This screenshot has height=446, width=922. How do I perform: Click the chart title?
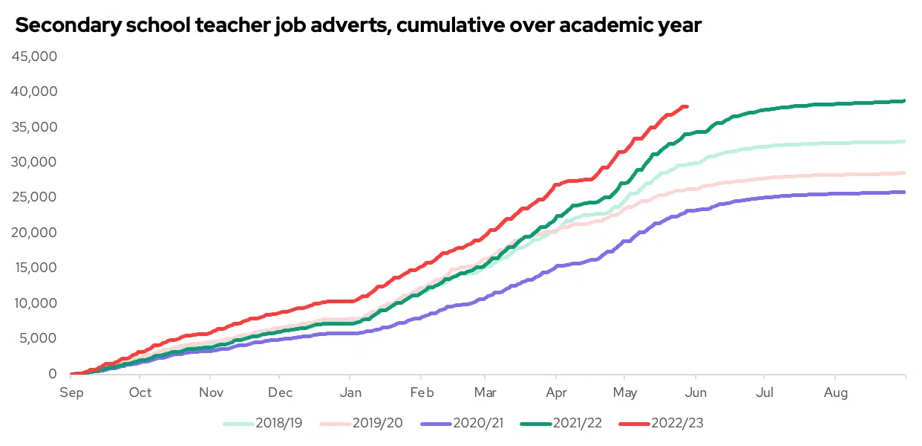pos(358,25)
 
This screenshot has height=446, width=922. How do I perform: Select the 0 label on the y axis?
pos(53,374)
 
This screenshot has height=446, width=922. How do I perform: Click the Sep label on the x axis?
pos(71,392)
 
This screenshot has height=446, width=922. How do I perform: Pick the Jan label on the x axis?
pos(350,392)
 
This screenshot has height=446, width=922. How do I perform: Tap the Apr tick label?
pos(556,392)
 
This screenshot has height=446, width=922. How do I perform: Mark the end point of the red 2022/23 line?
pos(687,106)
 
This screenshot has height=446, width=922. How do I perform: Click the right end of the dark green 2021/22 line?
pos(904,101)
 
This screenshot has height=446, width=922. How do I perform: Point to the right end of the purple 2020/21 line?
pos(904,192)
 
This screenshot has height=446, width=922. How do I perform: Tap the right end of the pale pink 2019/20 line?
pos(904,172)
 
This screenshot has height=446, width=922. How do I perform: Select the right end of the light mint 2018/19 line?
pos(904,141)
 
